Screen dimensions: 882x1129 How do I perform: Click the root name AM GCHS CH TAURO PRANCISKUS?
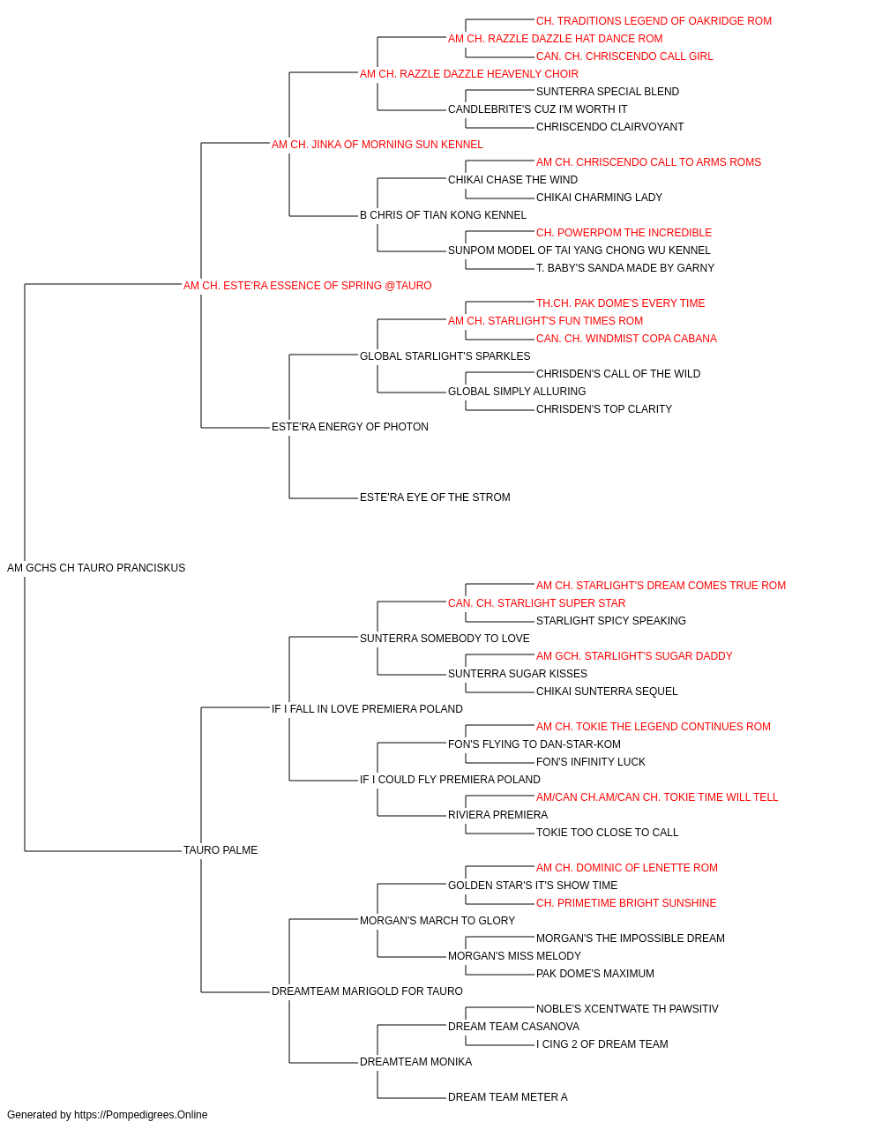click(x=96, y=568)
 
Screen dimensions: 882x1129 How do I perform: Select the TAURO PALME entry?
click(x=220, y=850)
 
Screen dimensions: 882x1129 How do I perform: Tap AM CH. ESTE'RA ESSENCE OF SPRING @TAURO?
click(x=308, y=286)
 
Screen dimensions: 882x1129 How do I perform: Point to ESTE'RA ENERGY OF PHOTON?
click(x=350, y=427)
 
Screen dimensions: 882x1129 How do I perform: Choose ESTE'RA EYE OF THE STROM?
click(x=435, y=497)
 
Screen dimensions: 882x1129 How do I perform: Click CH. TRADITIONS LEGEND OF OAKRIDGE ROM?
click(x=654, y=21)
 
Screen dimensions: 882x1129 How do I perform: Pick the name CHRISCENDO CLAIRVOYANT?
click(x=609, y=127)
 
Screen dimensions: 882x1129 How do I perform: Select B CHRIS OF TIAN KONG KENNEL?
click(x=443, y=215)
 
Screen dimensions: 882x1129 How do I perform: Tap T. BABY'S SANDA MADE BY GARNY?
click(x=625, y=268)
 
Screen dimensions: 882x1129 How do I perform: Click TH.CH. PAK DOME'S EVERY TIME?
click(x=621, y=303)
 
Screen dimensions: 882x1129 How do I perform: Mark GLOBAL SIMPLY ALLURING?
click(x=517, y=392)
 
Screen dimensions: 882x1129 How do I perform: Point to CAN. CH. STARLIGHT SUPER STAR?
click(x=536, y=603)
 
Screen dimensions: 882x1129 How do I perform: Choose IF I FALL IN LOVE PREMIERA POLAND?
click(x=367, y=709)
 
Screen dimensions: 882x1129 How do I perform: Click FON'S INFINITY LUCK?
click(x=591, y=762)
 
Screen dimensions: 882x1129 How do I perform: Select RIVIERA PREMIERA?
click(x=498, y=815)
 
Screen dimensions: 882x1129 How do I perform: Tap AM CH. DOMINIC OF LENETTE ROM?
click(x=627, y=868)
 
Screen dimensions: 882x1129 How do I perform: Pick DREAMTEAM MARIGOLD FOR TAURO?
click(x=367, y=991)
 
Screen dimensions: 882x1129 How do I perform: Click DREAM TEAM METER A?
click(x=508, y=1097)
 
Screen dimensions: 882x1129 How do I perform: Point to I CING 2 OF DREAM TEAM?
click(x=602, y=1044)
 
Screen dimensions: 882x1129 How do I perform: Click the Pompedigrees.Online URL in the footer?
click(x=141, y=1115)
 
